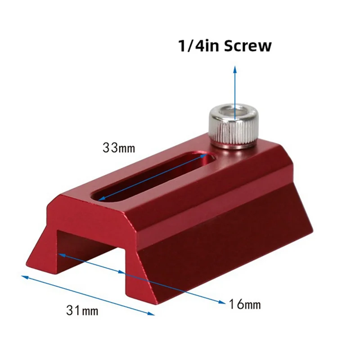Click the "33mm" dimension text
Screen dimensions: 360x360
point(119,148)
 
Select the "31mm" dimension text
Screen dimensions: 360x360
point(82,310)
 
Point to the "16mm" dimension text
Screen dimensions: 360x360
point(244,304)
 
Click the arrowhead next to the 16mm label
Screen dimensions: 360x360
point(220,301)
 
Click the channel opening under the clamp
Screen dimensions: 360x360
point(90,252)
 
